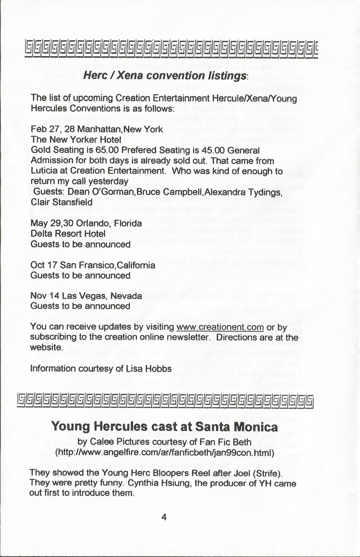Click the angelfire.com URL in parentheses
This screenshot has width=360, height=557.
pyautogui.click(x=164, y=452)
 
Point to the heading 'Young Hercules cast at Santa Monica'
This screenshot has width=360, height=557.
pyautogui.click(x=164, y=426)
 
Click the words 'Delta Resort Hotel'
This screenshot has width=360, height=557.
pyautogui.click(x=68, y=233)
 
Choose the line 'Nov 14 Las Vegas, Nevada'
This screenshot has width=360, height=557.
pyautogui.click(x=86, y=296)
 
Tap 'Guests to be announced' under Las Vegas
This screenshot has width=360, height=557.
pyautogui.click(x=80, y=306)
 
